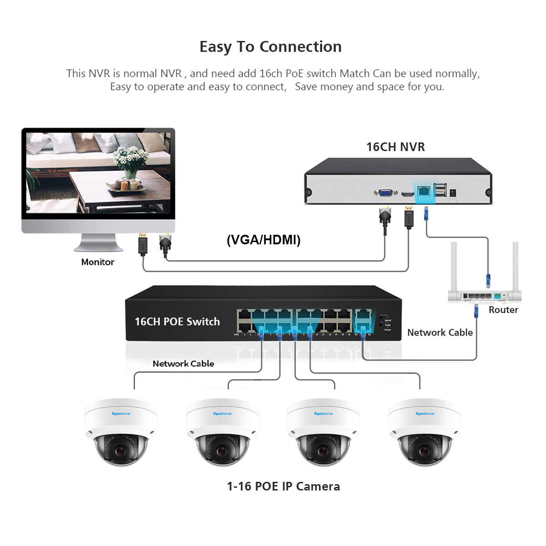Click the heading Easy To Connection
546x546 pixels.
click(270, 47)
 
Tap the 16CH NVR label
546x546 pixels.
click(395, 147)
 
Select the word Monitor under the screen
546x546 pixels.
click(97, 262)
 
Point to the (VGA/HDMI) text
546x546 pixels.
click(263, 240)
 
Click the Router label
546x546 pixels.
click(503, 310)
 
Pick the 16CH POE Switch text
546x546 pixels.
click(177, 322)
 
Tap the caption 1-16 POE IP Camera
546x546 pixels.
click(283, 486)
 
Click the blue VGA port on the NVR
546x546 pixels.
click(385, 193)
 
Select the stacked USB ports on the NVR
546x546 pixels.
click(440, 190)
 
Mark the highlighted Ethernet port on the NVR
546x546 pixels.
click(424, 191)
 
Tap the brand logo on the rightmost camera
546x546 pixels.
click(425, 414)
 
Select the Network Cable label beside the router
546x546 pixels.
click(440, 333)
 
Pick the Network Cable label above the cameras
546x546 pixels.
click(183, 364)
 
